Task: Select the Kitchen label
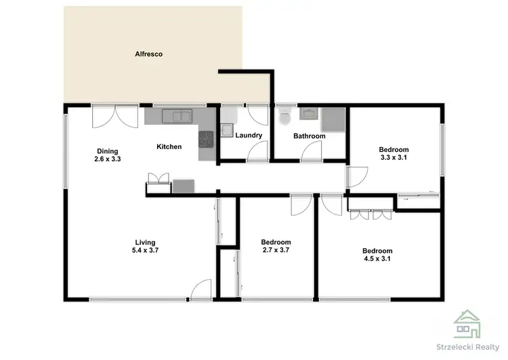click(169, 146)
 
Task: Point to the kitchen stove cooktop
click(206, 140)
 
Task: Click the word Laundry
click(249, 135)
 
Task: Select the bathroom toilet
click(285, 117)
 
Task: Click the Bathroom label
click(309, 136)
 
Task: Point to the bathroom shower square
click(333, 120)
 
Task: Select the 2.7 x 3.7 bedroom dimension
click(276, 250)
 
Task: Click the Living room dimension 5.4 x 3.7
click(146, 250)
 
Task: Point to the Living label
click(146, 242)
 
